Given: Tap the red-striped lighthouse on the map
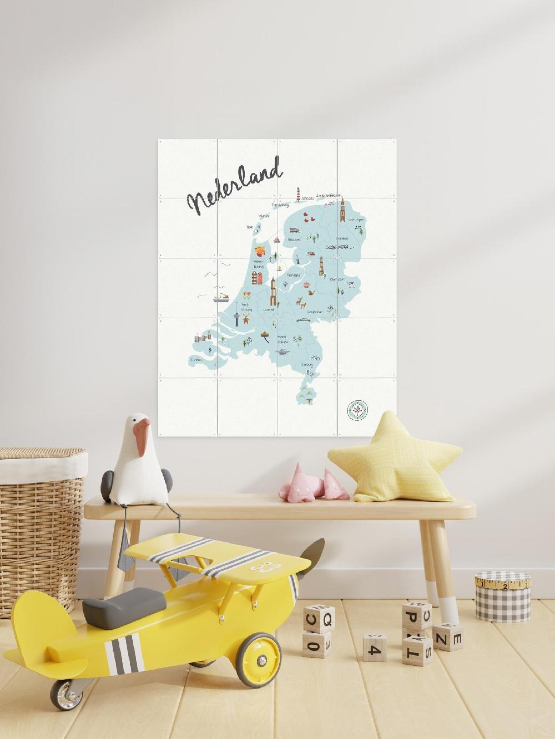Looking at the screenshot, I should tap(299, 195).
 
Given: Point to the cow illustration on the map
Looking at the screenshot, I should tap(351, 286).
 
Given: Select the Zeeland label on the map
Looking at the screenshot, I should tap(196, 359).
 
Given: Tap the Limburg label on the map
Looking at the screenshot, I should tap(307, 364).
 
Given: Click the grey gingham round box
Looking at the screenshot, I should tap(502, 598).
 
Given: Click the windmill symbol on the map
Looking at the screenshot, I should tap(296, 259).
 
